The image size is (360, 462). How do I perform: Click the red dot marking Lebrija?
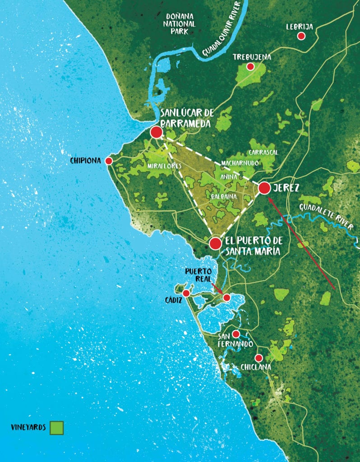pos(301,36)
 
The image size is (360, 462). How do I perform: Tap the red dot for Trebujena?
pos(250,67)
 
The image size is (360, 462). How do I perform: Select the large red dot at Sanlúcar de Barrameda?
pos(156,132)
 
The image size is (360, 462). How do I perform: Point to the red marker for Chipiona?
pos(109,161)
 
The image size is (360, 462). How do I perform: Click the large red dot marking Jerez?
pos(264,188)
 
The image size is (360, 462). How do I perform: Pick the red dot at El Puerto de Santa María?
pos(216,244)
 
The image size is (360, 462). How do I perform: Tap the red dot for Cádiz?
pos(186,293)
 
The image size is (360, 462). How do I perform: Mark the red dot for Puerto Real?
pos(226,298)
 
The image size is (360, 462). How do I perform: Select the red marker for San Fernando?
pos(235,334)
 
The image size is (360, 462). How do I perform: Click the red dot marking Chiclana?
pos(258,358)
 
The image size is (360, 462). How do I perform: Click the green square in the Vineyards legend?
pos(57,427)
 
